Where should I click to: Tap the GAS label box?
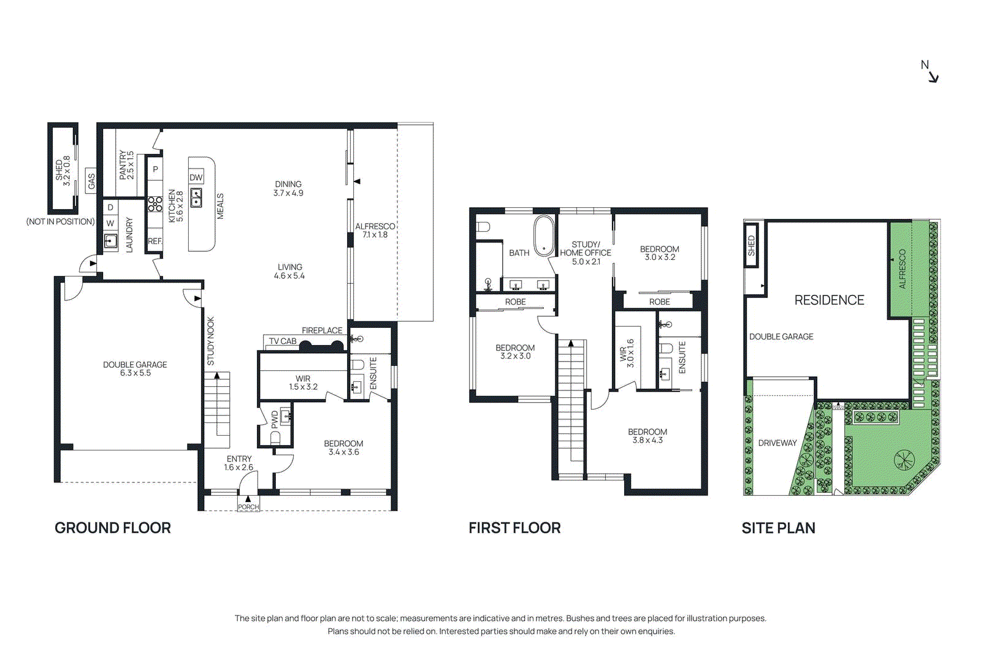click(x=91, y=181)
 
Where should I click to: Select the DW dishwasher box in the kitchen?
click(x=196, y=177)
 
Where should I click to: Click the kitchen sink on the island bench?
click(x=196, y=197)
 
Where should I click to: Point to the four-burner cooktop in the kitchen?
click(x=155, y=203)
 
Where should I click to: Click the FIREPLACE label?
click(x=322, y=330)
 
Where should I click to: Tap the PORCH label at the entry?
click(x=248, y=507)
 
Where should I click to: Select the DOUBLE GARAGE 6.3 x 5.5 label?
click(x=135, y=368)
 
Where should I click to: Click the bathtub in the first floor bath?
click(x=543, y=235)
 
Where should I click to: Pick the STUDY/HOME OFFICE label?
click(x=586, y=253)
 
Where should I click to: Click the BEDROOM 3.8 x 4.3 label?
click(x=647, y=436)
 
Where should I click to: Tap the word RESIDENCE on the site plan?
click(x=829, y=300)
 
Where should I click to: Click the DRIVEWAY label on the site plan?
click(x=777, y=443)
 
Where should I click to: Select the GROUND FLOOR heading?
click(x=113, y=528)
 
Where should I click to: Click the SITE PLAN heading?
click(x=778, y=528)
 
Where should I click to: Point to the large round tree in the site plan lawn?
click(x=903, y=459)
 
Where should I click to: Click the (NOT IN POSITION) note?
click(x=60, y=221)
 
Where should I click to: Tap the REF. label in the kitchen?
click(x=155, y=241)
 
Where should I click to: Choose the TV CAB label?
click(x=282, y=341)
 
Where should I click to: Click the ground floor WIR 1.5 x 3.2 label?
click(x=303, y=382)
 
